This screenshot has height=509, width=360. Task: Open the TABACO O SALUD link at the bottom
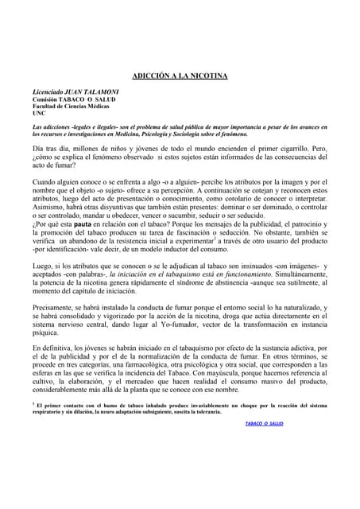(263, 424)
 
